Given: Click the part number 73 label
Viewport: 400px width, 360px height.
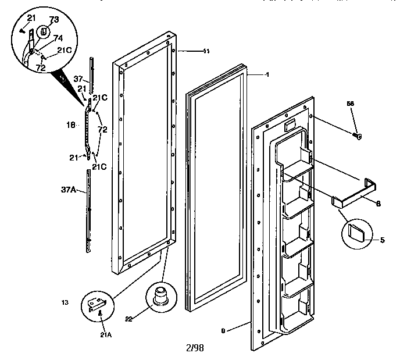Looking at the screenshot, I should tap(53, 20).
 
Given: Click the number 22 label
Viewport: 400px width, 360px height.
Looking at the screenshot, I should tap(128, 318).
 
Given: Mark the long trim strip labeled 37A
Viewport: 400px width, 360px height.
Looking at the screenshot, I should tap(89, 209).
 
